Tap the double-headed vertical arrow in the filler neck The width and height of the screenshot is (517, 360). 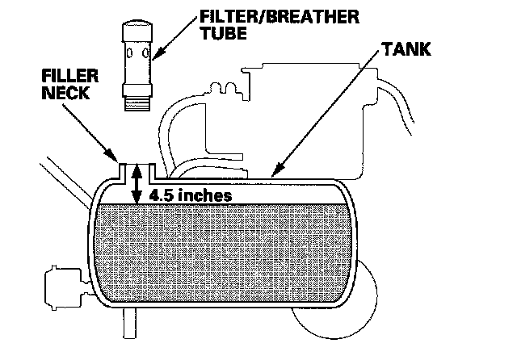coord(137,182)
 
